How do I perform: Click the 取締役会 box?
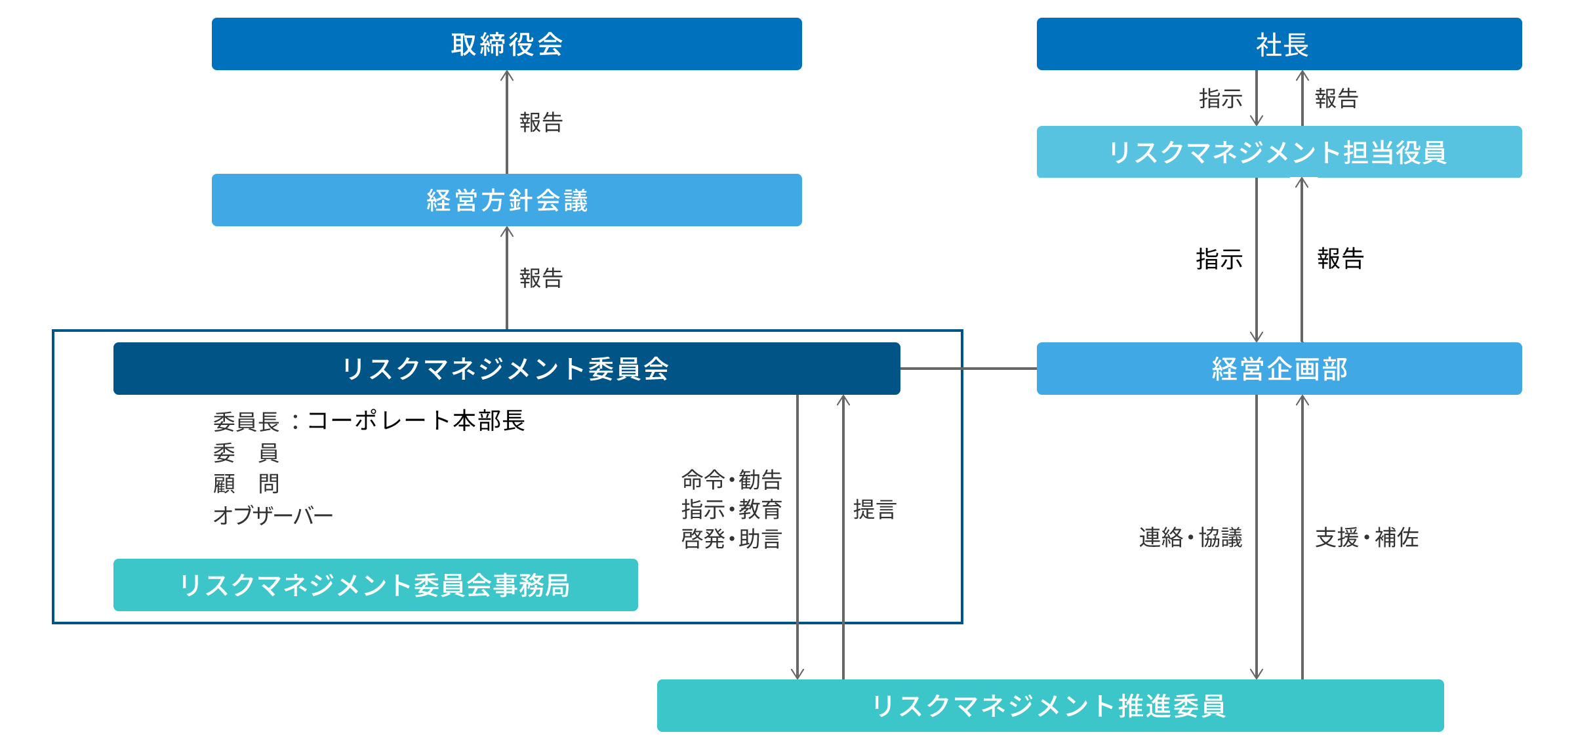506,44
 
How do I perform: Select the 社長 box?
1279,44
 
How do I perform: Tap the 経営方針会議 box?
506,200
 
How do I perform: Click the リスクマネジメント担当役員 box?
1279,152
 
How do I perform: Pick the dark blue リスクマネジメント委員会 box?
506,369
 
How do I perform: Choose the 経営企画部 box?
1279,369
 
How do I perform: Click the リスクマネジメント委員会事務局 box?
375,585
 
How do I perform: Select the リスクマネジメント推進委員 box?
1049,706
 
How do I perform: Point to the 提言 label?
874,510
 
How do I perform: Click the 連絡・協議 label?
1190,538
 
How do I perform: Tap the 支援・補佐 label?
1367,538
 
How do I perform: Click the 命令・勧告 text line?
731,480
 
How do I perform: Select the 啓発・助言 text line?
731,539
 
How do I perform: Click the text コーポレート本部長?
416,420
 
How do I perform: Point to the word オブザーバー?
273,515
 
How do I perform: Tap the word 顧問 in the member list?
246,484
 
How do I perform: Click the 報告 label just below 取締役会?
541,122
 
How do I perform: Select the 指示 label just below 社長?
1221,98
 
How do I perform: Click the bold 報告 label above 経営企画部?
1341,258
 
